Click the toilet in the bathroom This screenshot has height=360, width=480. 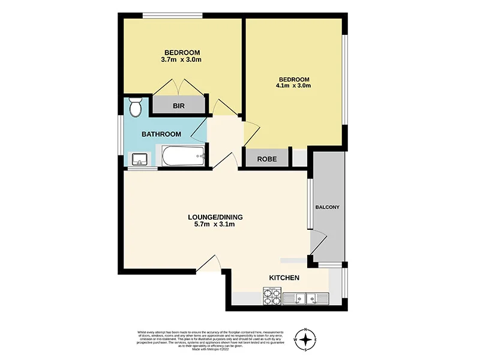(x=135, y=107)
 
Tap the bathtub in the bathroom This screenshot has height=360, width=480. (x=182, y=157)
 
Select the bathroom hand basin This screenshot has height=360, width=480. (x=139, y=160)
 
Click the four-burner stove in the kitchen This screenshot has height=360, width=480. (x=272, y=296)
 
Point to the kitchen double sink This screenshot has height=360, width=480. (x=306, y=297)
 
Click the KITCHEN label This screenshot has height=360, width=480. (x=284, y=278)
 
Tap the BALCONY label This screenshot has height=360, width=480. (x=328, y=208)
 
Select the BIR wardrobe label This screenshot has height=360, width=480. (x=178, y=106)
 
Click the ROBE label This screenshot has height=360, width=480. (x=266, y=159)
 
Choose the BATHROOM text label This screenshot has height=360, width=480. (x=161, y=134)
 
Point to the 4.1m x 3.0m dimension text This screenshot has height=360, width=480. (x=293, y=86)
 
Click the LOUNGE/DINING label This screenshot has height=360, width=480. (x=215, y=217)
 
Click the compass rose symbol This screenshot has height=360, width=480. (x=307, y=340)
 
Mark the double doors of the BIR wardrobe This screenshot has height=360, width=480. (x=178, y=86)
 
